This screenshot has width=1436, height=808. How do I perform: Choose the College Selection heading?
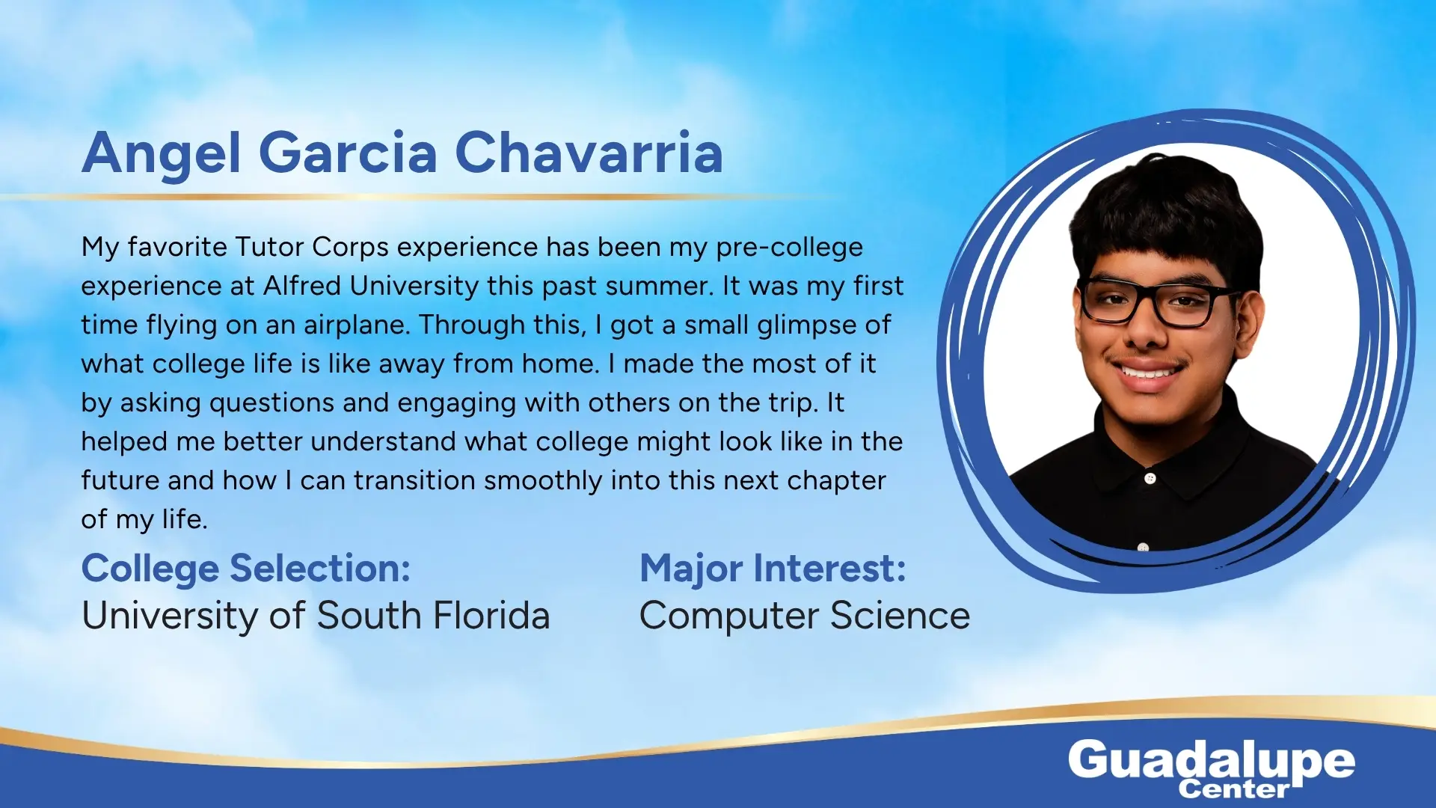pyautogui.click(x=246, y=569)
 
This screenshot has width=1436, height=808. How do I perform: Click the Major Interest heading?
pyautogui.click(x=773, y=569)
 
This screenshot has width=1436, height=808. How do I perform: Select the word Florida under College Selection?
pyautogui.click(x=491, y=616)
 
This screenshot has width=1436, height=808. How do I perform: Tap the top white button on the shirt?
pyautogui.click(x=1150, y=478)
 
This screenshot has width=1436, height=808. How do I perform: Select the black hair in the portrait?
pyautogui.click(x=1167, y=217)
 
